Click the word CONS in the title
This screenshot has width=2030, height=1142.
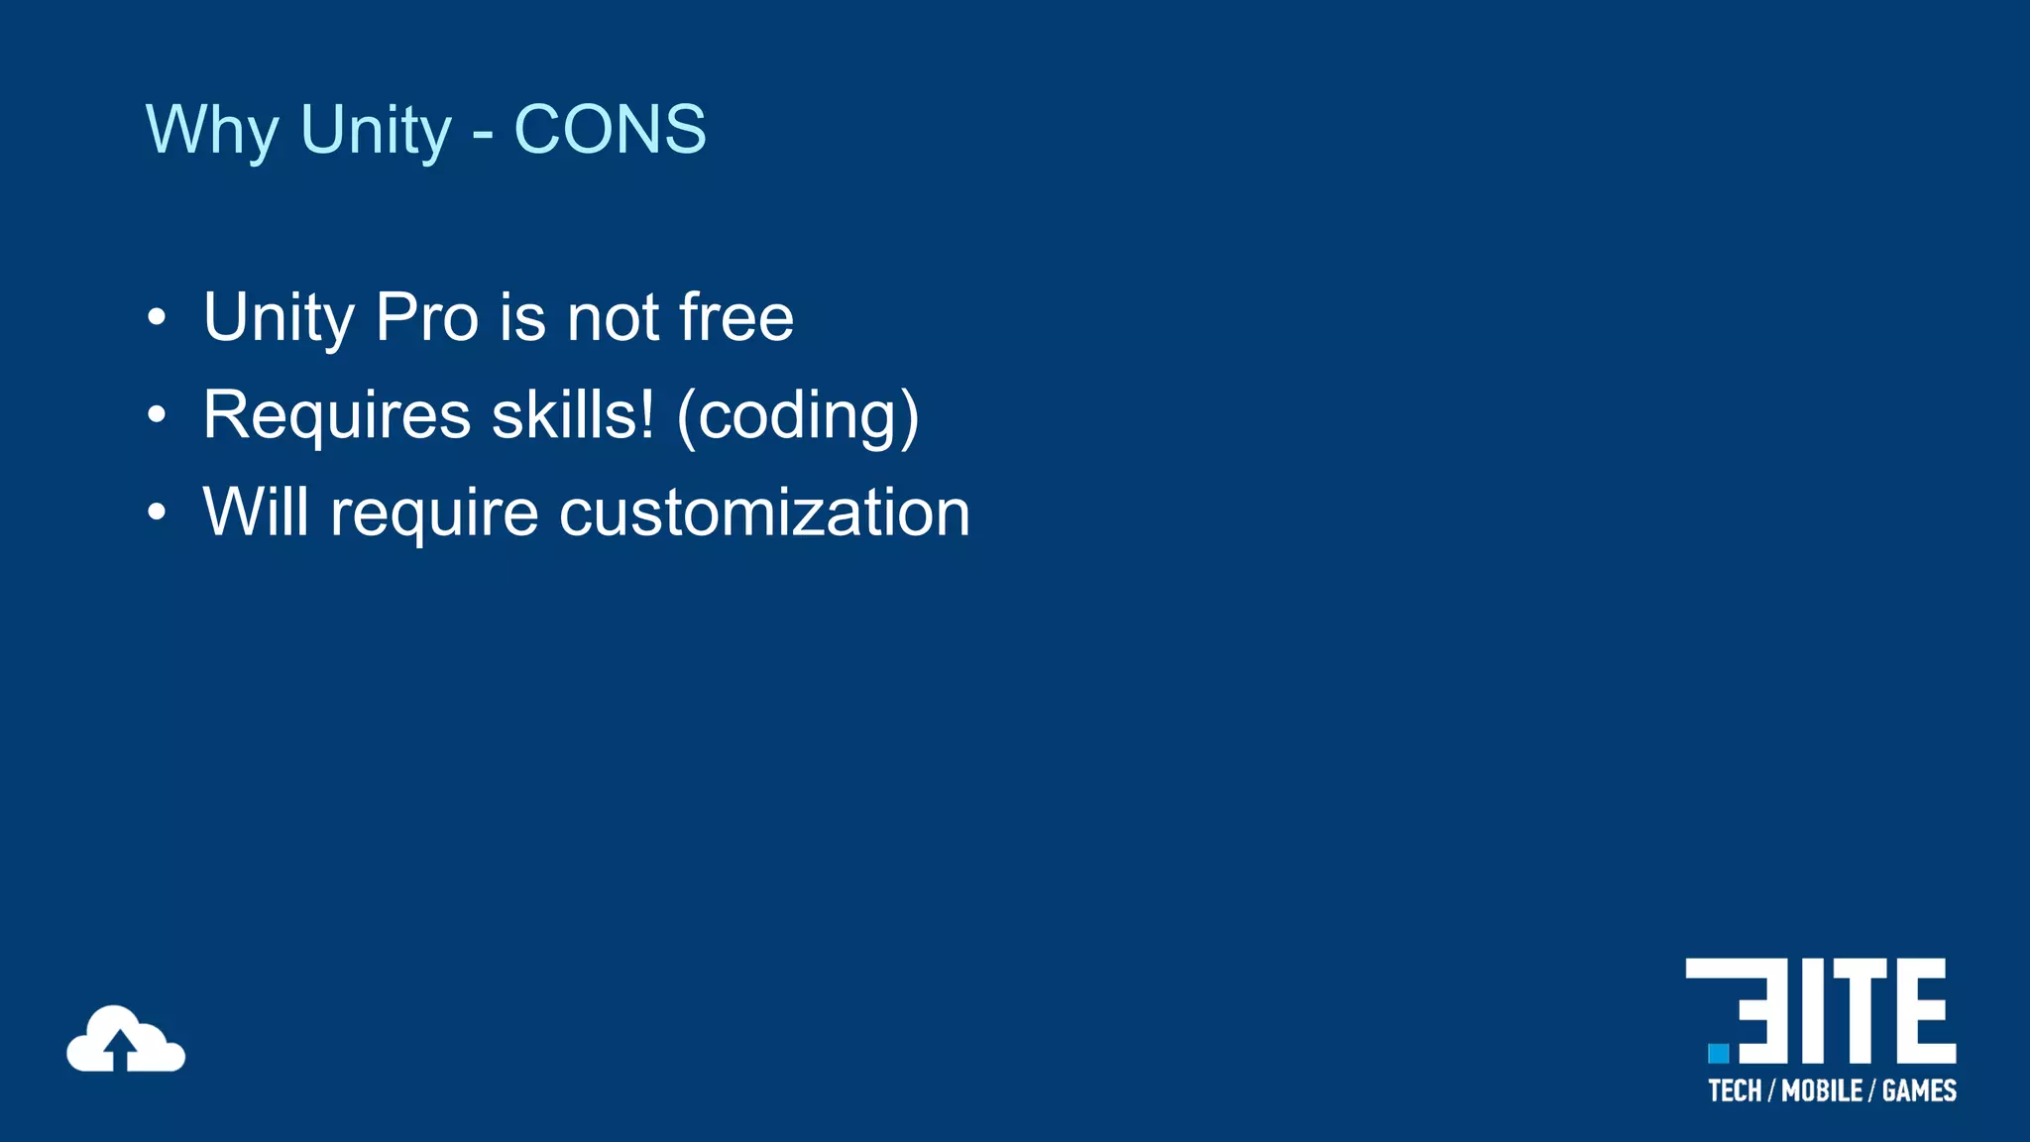point(610,129)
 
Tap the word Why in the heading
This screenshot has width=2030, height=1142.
point(212,129)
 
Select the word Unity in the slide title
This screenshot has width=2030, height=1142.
point(376,129)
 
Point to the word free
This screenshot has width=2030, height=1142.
point(736,317)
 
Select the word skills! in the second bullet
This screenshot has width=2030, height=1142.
point(573,414)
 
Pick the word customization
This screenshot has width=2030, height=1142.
point(764,513)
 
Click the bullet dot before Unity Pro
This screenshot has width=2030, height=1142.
point(157,318)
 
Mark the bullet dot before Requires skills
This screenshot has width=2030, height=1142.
point(157,415)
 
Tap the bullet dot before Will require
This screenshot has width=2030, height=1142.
point(157,513)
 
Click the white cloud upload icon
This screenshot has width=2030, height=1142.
point(126,1040)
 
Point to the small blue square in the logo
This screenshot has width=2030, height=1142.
point(1719,1053)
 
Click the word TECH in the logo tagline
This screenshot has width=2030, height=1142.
point(1735,1091)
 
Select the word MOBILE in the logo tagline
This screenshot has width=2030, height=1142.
point(1822,1091)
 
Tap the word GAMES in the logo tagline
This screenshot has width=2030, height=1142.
point(1919,1091)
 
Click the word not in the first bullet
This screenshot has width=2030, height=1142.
point(613,317)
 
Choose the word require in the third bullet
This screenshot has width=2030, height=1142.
point(434,514)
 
